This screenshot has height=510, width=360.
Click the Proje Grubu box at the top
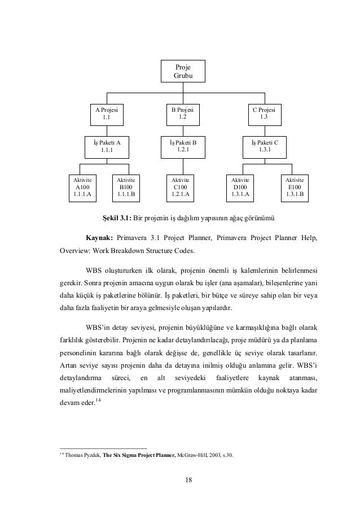[x=182, y=71]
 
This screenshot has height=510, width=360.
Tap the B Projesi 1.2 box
[x=182, y=114]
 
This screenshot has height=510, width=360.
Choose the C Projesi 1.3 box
[x=264, y=114]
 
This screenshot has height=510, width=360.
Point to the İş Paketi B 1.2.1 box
[x=182, y=146]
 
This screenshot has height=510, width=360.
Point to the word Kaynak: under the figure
[x=100, y=238]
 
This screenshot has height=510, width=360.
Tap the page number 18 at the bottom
[x=182, y=481]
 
